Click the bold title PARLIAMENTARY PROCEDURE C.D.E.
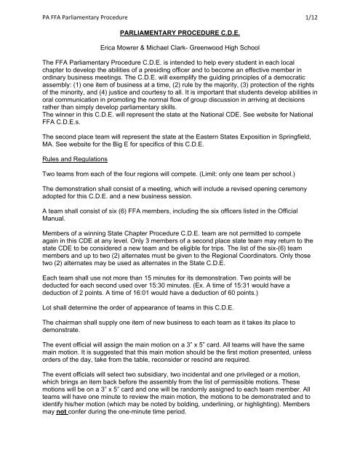(181, 32)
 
